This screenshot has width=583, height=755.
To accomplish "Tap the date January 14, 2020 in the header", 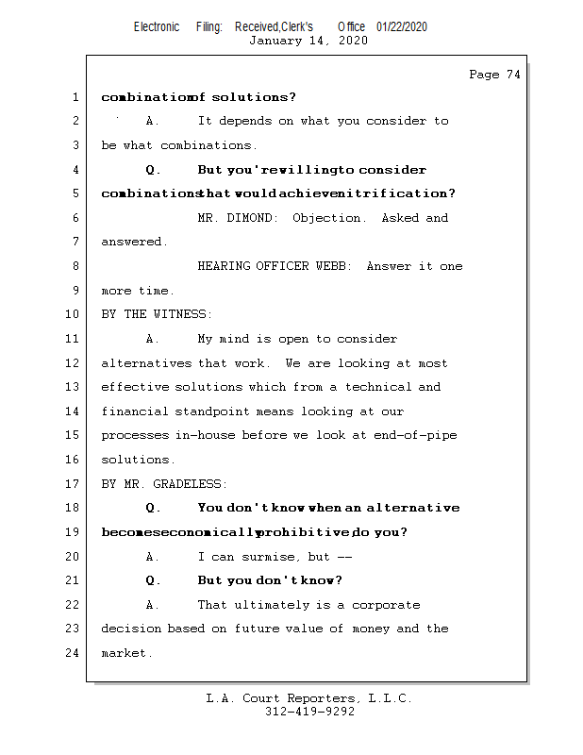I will [x=308, y=41].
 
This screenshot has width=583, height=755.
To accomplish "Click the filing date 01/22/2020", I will [x=401, y=27].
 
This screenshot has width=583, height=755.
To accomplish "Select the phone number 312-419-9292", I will [x=309, y=713].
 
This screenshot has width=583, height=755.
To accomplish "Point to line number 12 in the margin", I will [x=74, y=363].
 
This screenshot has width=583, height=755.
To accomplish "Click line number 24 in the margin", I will [x=74, y=653].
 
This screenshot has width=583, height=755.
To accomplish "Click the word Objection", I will [x=328, y=218].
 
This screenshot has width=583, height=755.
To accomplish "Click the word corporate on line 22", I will [x=387, y=605].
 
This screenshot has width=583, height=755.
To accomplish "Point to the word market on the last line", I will [x=123, y=653].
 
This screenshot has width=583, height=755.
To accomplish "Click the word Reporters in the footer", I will [x=320, y=699].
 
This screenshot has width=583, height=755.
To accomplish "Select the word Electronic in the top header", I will [x=157, y=27].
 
